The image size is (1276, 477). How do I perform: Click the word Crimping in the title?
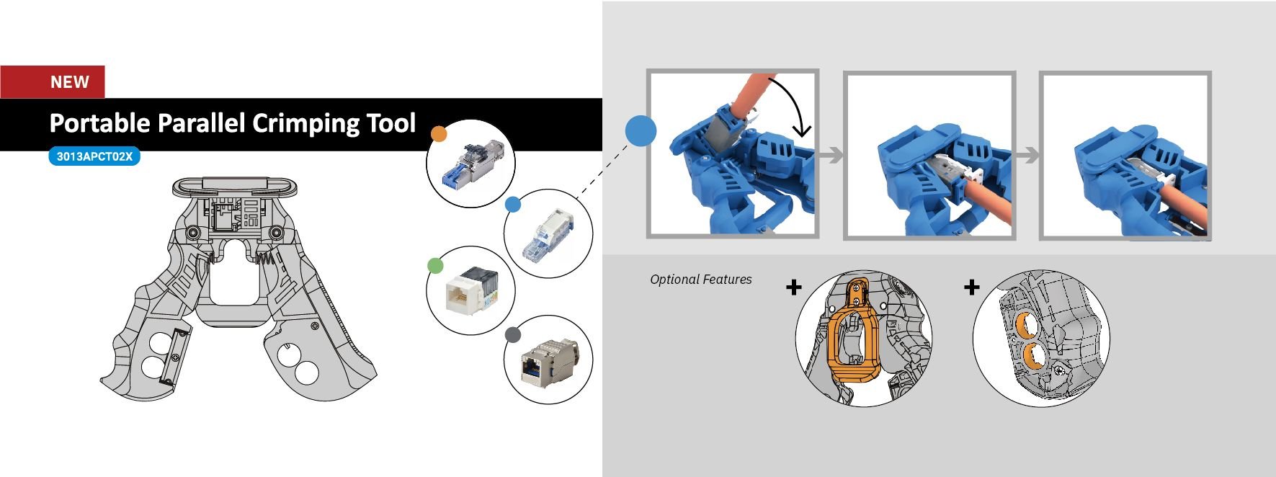[x=305, y=123]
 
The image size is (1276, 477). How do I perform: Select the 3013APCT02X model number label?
[x=94, y=156]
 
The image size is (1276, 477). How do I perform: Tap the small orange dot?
[x=438, y=134]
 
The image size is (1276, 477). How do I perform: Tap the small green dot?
[x=435, y=266]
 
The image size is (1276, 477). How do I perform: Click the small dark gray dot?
[x=512, y=334]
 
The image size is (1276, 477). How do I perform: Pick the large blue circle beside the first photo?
[x=641, y=131]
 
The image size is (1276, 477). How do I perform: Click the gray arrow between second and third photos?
[x=1027, y=155]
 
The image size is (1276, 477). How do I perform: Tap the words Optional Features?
[x=700, y=280]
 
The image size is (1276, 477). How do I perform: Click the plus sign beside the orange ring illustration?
[x=793, y=287]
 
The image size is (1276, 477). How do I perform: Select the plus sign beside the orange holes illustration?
[x=971, y=287]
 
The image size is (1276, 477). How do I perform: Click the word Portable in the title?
[x=99, y=123]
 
